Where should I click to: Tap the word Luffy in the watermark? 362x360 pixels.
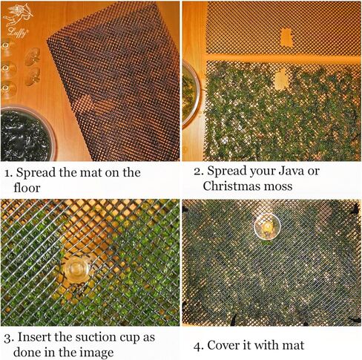tap(17, 32)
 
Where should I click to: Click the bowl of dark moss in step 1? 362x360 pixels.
tap(27, 134)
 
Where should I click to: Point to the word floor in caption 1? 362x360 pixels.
tap(27, 187)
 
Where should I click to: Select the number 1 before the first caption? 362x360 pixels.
tap(8, 173)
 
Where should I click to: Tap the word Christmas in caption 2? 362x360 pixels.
tap(231, 186)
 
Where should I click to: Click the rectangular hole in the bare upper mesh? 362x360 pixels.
tap(286, 38)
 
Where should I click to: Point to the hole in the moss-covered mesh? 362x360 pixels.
tap(281, 79)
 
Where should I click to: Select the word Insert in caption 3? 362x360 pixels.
tap(34, 337)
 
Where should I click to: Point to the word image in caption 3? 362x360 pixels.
tap(96, 353)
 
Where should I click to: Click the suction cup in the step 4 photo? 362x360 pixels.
tap(267, 226)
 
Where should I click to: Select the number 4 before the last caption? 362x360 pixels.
tap(197, 346)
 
